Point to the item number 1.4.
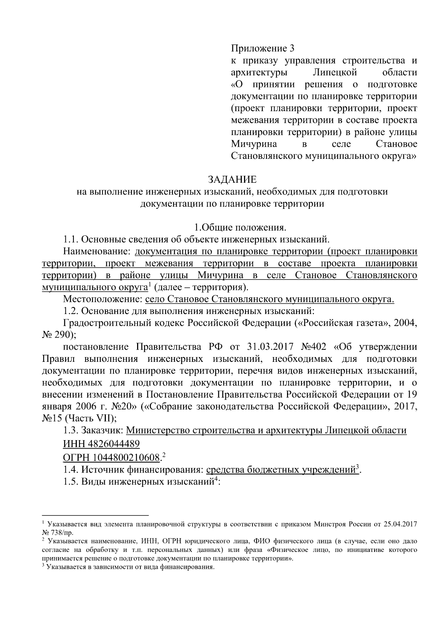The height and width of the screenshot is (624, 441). click(70, 470)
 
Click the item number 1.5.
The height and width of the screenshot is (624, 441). click(70, 481)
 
